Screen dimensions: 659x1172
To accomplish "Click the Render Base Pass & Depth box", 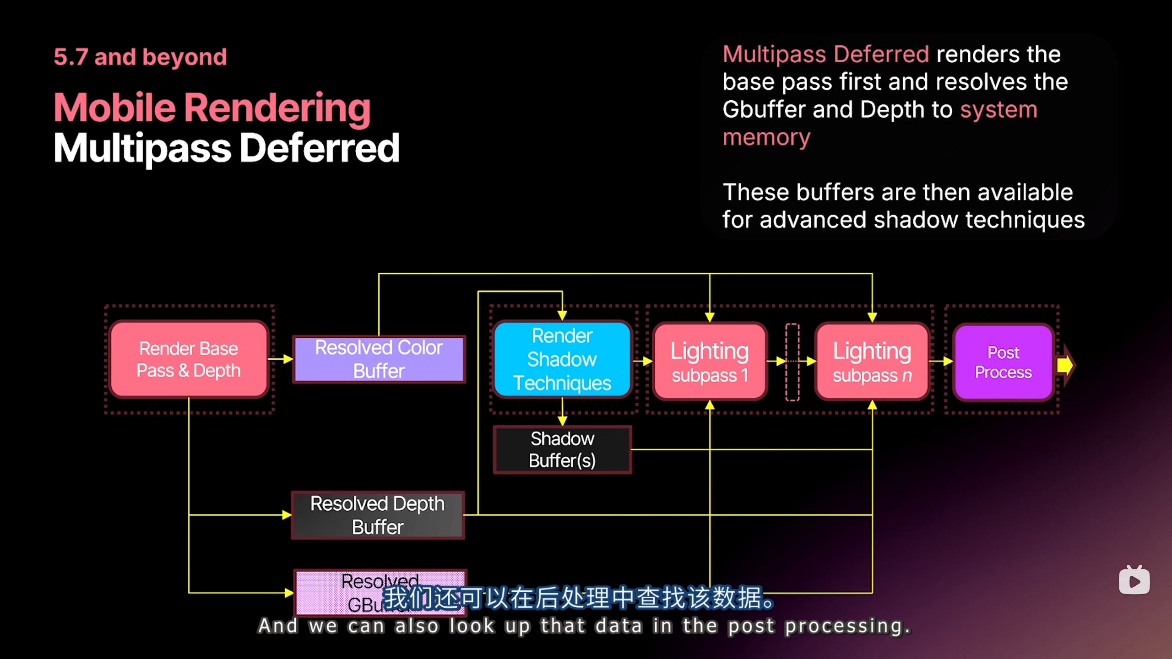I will (x=189, y=359).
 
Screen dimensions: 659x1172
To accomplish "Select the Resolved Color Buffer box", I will (x=379, y=359).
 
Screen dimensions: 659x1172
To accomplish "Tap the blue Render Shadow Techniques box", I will (x=562, y=359).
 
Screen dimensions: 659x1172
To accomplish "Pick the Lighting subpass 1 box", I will (x=710, y=362).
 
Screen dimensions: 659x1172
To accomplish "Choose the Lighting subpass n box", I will (x=872, y=362).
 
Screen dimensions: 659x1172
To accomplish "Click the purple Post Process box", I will (x=1003, y=362).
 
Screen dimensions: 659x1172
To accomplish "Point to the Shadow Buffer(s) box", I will (x=562, y=449).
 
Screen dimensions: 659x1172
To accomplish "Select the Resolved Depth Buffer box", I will (x=378, y=515).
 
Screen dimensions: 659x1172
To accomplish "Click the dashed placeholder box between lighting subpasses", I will (x=792, y=362).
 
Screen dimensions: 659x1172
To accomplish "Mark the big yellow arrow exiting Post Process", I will (x=1066, y=365).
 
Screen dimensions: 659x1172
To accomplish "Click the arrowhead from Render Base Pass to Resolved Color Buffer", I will (x=288, y=359).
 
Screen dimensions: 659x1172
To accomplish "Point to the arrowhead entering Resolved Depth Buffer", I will (x=287, y=515).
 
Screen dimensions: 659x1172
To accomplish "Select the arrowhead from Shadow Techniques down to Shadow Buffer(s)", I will (x=562, y=420).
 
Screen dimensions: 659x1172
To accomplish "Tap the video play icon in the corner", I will (x=1134, y=581).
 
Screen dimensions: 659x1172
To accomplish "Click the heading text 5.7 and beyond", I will (x=140, y=57).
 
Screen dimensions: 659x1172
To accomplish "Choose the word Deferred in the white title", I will (x=320, y=148).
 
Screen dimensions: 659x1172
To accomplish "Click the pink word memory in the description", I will (x=766, y=137).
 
